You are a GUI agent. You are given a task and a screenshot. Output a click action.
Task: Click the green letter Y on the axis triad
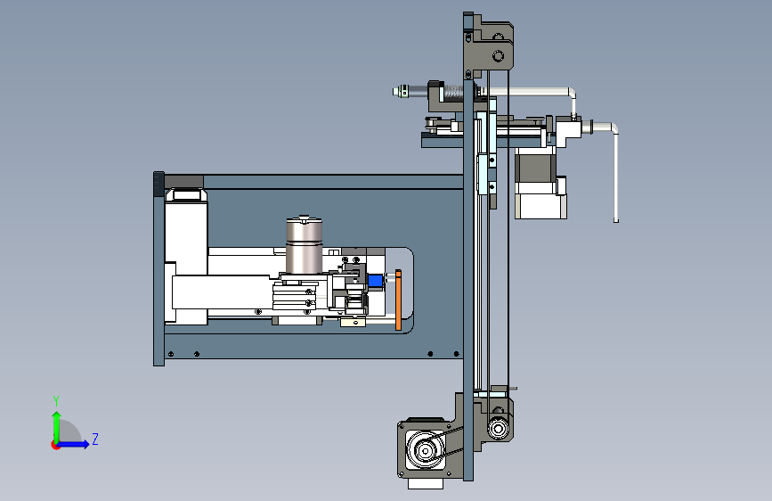[x=56, y=400]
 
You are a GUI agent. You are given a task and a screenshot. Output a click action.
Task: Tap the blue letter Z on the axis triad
[x=95, y=439]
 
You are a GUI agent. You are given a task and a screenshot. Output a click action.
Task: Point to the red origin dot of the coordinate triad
[x=55, y=445]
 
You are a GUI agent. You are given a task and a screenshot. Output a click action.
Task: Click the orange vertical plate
[x=398, y=300]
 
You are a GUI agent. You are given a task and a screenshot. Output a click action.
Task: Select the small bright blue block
[x=375, y=281]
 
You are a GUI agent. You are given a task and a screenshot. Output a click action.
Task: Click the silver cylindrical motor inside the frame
[x=305, y=244]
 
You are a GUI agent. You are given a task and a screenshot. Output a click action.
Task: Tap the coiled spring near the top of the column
[x=453, y=92]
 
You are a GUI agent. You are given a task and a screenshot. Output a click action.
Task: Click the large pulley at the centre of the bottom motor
[x=425, y=449]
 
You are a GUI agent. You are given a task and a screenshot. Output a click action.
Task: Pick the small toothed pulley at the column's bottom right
[x=498, y=428]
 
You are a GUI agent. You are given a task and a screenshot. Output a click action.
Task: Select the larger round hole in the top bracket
[x=498, y=56]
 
